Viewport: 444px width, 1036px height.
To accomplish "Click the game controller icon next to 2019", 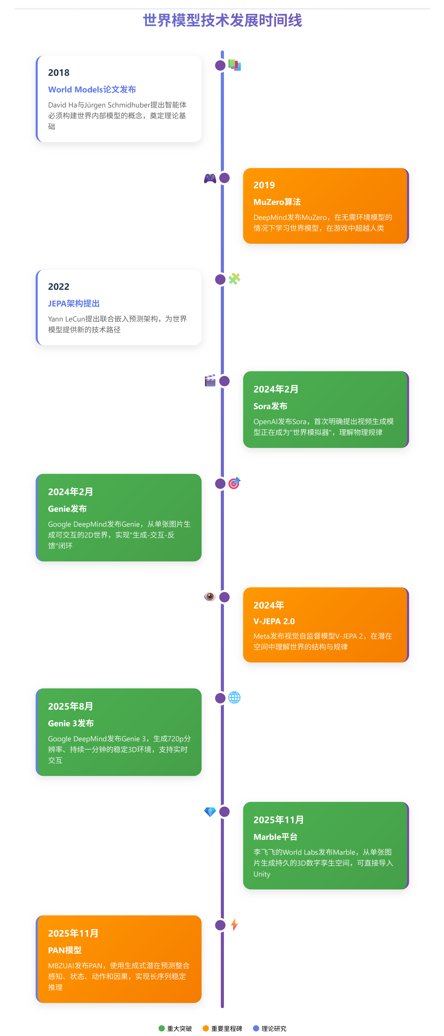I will (x=210, y=178).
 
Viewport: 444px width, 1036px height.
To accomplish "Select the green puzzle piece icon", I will (x=234, y=279).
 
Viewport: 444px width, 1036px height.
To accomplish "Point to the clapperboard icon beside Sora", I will (x=210, y=380).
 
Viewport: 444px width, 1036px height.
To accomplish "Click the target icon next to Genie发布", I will (x=234, y=483).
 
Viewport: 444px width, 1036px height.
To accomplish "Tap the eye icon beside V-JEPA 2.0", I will (x=210, y=596).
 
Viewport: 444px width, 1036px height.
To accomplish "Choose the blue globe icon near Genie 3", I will (x=234, y=697).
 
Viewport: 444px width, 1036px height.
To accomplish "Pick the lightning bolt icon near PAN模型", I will (x=234, y=925).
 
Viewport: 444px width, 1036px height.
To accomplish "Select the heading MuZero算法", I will (x=277, y=202).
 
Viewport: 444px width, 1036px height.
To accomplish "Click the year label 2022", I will (x=59, y=287).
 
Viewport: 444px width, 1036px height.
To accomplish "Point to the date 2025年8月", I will (x=70, y=706).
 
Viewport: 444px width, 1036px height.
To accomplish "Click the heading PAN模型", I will (x=65, y=950).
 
